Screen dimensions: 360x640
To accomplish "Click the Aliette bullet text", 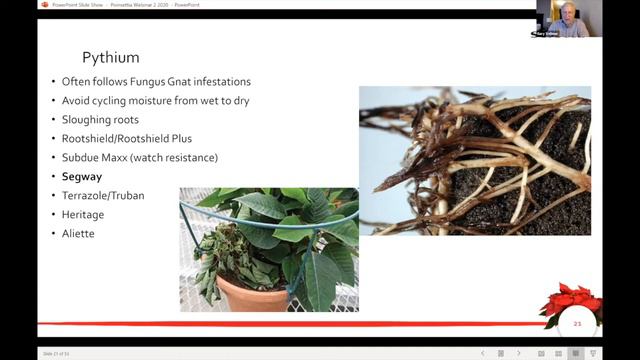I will tap(79, 234).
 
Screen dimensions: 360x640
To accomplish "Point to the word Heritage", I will tap(83, 215).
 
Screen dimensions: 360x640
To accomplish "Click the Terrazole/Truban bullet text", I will tap(103, 196).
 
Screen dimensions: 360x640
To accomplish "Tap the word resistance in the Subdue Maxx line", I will tap(191, 158).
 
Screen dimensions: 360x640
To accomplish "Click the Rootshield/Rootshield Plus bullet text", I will tap(126, 138).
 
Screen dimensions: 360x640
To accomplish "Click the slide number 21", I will tap(577, 323).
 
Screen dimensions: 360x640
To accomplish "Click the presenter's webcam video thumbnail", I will tap(567, 19).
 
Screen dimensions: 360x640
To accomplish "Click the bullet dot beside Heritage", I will tap(53, 215).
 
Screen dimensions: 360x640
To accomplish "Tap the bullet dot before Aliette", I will tap(53, 234).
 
